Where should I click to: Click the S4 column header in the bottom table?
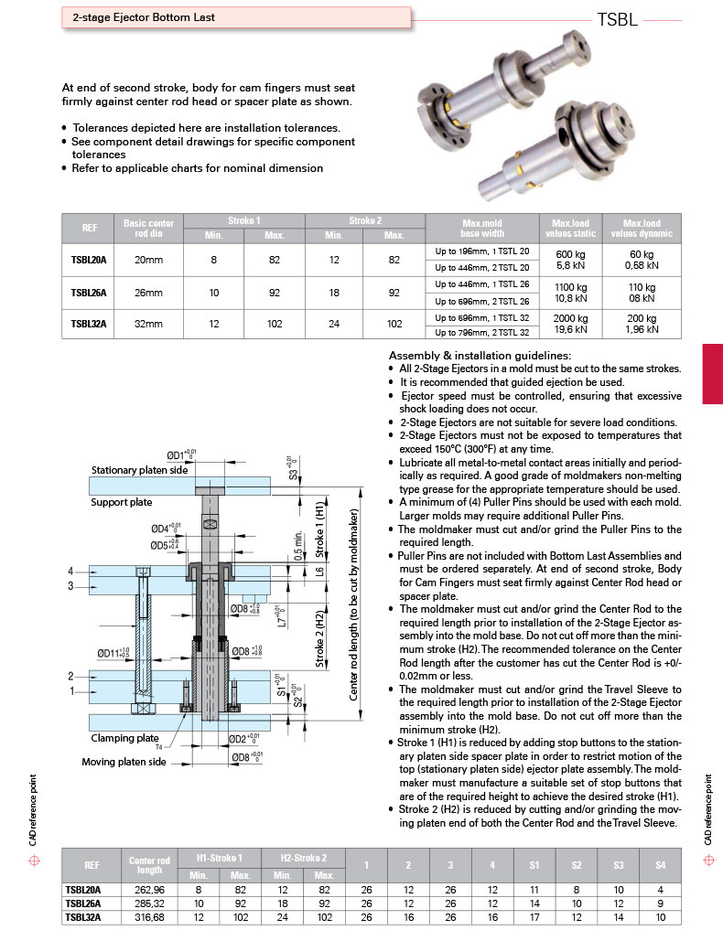[660, 864]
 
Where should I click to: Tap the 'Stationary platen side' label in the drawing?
[139, 470]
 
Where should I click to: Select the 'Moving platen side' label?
[124, 761]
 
